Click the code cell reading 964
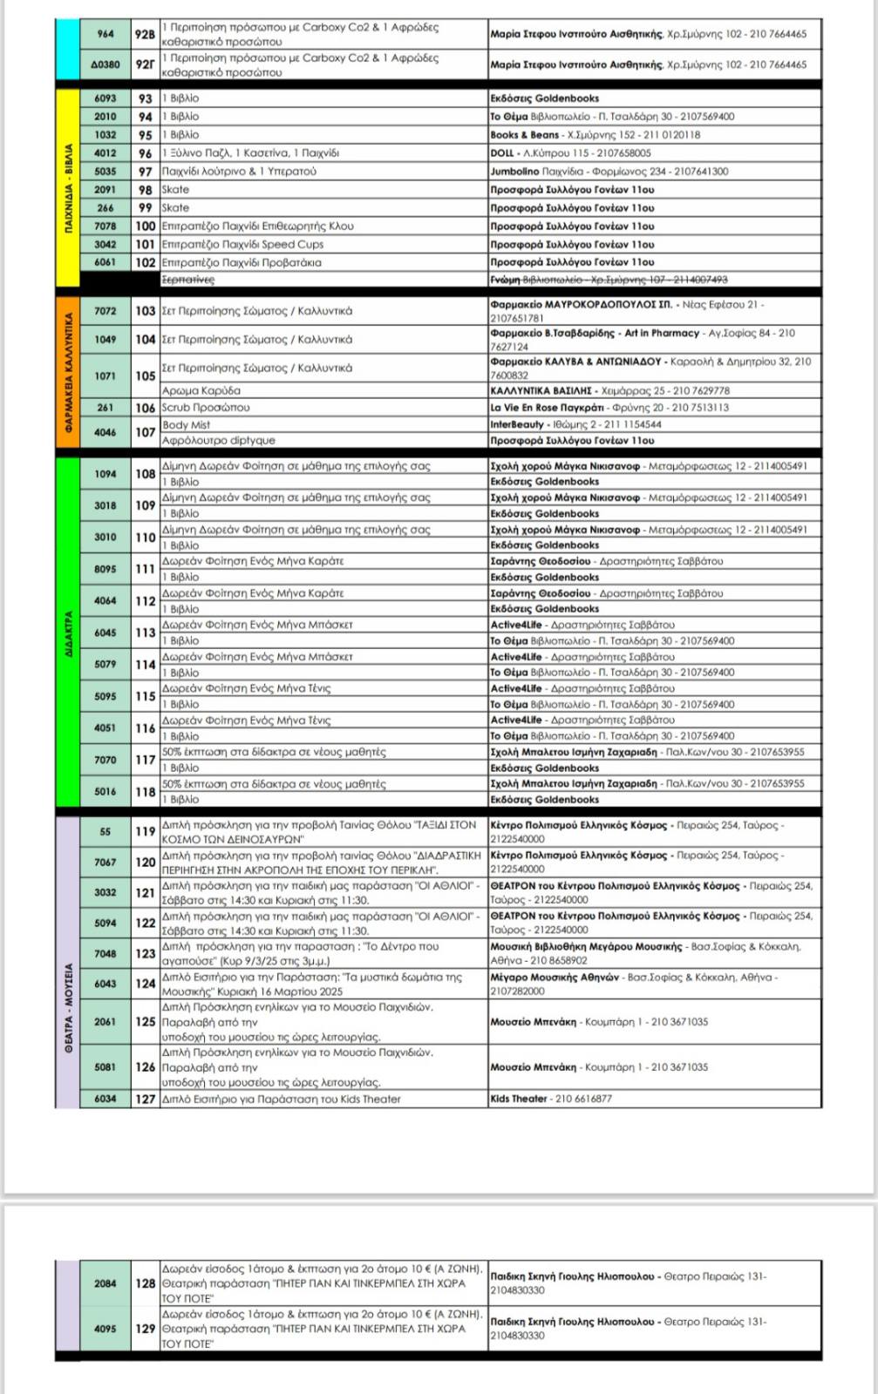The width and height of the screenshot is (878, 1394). [105, 34]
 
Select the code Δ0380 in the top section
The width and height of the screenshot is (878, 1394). [105, 64]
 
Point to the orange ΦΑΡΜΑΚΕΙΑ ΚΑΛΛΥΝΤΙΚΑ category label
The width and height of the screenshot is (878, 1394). [68, 375]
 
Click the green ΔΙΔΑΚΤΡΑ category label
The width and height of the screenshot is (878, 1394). [68, 631]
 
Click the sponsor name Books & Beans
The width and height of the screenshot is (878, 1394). [524, 135]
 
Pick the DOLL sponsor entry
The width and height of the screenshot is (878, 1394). [502, 153]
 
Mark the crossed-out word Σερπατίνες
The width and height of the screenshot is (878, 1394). [187, 280]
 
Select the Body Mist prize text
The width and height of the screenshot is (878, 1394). [187, 425]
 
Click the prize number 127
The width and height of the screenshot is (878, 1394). [145, 1099]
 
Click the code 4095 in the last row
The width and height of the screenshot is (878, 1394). [105, 1329]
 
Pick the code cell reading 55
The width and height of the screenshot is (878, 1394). [105, 831]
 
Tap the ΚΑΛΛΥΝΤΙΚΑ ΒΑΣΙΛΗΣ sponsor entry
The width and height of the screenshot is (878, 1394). [541, 391]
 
